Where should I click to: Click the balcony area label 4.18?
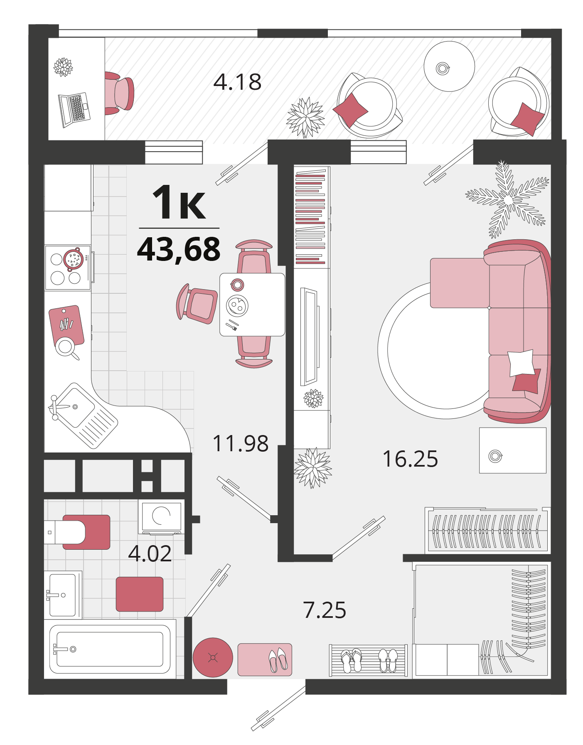pyautogui.click(x=237, y=82)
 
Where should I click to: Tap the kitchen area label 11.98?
pyautogui.click(x=240, y=443)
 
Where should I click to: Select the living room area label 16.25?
pyautogui.click(x=410, y=459)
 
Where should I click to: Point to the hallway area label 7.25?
pyautogui.click(x=325, y=610)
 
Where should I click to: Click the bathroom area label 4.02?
pyautogui.click(x=150, y=553)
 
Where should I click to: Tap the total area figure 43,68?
pyautogui.click(x=179, y=249)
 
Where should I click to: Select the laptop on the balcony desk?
pyautogui.click(x=74, y=109)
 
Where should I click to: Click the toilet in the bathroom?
pyautogui.click(x=77, y=532)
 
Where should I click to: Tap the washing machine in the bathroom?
pyautogui.click(x=162, y=517)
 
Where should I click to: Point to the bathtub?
pyautogui.click(x=110, y=649)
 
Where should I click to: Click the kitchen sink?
pyautogui.click(x=84, y=416)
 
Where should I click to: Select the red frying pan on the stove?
pyautogui.click(x=74, y=259)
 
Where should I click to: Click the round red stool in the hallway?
pyautogui.click(x=213, y=657)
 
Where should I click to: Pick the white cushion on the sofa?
pyautogui.click(x=521, y=362)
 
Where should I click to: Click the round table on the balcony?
pyautogui.click(x=449, y=66)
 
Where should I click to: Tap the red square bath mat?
pyautogui.click(x=140, y=594)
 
